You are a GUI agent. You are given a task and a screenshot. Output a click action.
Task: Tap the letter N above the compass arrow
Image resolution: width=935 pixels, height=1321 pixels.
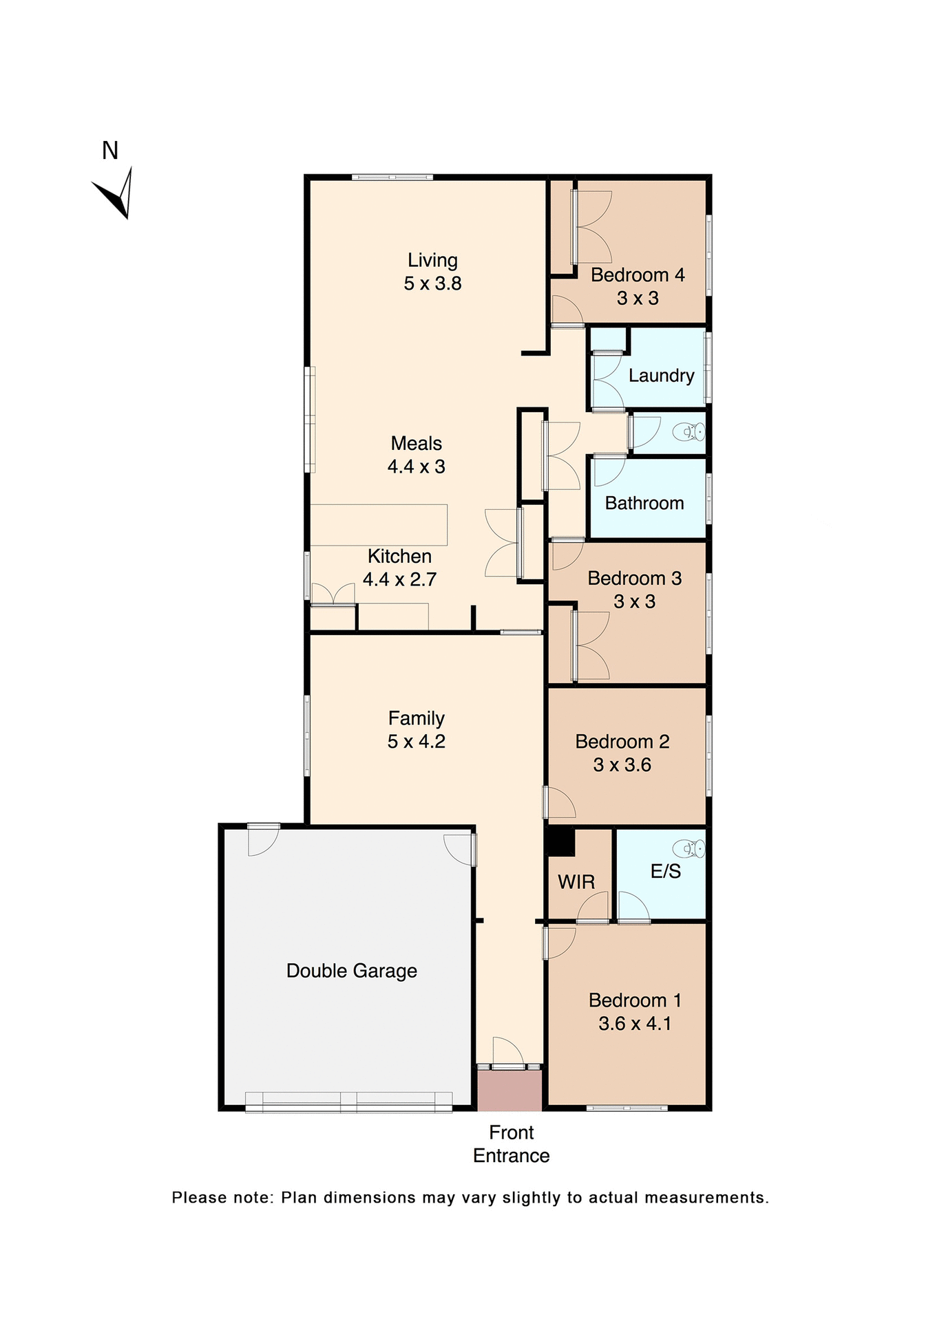(110, 151)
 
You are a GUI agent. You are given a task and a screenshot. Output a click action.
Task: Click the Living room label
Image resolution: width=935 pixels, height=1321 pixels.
(432, 260)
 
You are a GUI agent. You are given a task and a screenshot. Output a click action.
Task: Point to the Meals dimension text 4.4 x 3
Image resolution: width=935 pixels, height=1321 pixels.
(416, 466)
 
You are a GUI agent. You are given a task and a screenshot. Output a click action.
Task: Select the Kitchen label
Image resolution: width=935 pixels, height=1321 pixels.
(399, 556)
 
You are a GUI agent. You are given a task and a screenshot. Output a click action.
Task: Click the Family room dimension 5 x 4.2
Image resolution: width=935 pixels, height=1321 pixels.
(416, 742)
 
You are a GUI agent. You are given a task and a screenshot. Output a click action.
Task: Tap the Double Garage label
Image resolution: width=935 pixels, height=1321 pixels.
(351, 971)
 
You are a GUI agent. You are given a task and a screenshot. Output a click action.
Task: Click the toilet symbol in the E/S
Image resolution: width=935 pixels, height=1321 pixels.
(689, 848)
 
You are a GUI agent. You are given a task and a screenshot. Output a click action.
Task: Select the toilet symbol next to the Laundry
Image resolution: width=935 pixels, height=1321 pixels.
(689, 432)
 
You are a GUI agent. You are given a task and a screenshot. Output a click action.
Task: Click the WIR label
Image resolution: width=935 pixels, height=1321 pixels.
(576, 882)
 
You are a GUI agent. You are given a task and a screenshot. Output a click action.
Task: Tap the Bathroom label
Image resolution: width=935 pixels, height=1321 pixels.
(644, 503)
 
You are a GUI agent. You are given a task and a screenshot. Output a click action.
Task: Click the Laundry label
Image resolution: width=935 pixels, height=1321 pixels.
(661, 376)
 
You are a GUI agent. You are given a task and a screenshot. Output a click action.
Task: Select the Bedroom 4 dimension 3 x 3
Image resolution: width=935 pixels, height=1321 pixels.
(638, 299)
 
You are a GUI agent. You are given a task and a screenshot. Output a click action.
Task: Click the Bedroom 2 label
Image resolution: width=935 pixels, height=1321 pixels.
(622, 742)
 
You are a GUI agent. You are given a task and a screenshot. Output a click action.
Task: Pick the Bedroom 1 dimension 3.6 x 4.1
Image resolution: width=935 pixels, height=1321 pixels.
(634, 1024)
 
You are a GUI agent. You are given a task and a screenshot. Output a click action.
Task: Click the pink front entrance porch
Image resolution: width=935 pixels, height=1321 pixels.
(509, 1091)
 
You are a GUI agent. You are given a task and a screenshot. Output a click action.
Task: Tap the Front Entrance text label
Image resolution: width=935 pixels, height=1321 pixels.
(511, 1143)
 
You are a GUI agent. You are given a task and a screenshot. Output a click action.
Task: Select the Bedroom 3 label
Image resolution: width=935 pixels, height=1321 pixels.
(634, 579)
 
